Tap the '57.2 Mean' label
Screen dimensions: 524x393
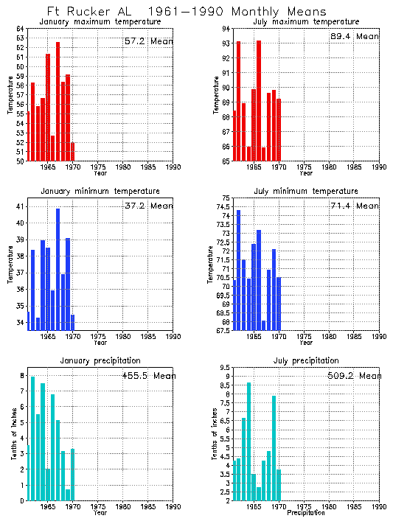coord(148,41)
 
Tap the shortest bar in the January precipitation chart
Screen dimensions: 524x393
coord(68,495)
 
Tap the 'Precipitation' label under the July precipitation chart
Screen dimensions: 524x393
coord(305,512)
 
